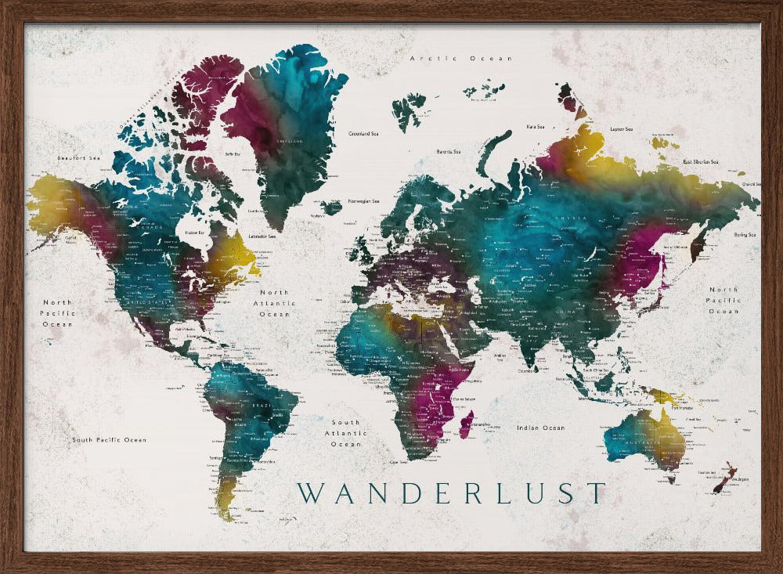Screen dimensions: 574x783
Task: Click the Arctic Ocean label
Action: point(461,59)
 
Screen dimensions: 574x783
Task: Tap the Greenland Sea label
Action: point(363,134)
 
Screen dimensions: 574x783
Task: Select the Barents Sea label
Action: point(448,151)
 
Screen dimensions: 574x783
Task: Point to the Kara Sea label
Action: point(536,125)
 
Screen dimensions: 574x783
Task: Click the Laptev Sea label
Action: point(621,128)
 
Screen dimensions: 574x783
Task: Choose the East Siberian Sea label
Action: point(701,161)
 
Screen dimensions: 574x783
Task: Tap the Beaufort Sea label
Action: point(79,158)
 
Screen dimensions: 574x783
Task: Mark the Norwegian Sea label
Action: point(364,200)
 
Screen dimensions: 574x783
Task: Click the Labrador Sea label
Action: point(262,236)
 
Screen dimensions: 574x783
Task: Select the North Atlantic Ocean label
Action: point(274,303)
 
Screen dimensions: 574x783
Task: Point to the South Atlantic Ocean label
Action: point(345,433)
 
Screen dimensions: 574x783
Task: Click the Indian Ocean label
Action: point(540,428)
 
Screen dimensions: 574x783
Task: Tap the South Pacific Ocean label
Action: point(109,440)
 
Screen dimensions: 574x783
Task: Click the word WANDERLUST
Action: point(451,493)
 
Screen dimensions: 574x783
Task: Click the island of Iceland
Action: point(331,208)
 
